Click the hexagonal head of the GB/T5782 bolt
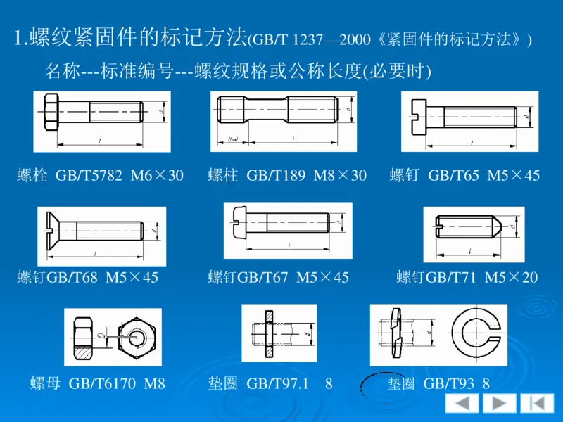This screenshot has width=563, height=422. (x=51, y=112)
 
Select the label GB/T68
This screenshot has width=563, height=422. (x=73, y=278)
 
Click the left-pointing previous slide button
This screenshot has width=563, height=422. (x=461, y=404)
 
